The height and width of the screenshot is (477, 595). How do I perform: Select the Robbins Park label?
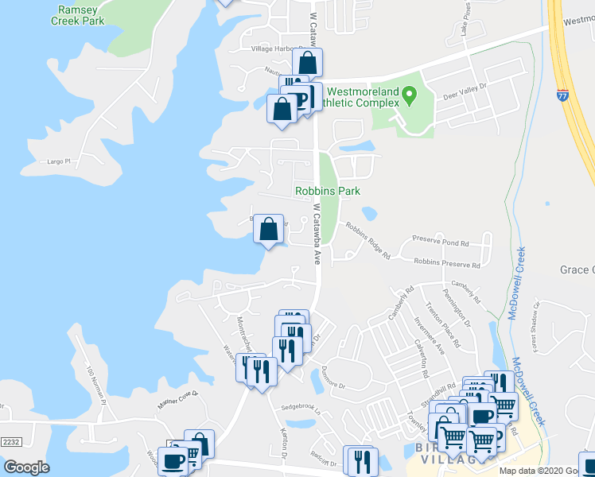coord(328,191)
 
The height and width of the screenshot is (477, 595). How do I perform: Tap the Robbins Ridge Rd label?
coord(367,241)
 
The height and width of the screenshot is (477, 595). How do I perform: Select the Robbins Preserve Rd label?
coord(447,262)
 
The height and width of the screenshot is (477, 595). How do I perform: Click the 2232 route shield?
coord(10,441)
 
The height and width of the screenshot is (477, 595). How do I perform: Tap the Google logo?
coord(27,467)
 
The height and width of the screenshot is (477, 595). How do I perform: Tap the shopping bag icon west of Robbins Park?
coord(270,230)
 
